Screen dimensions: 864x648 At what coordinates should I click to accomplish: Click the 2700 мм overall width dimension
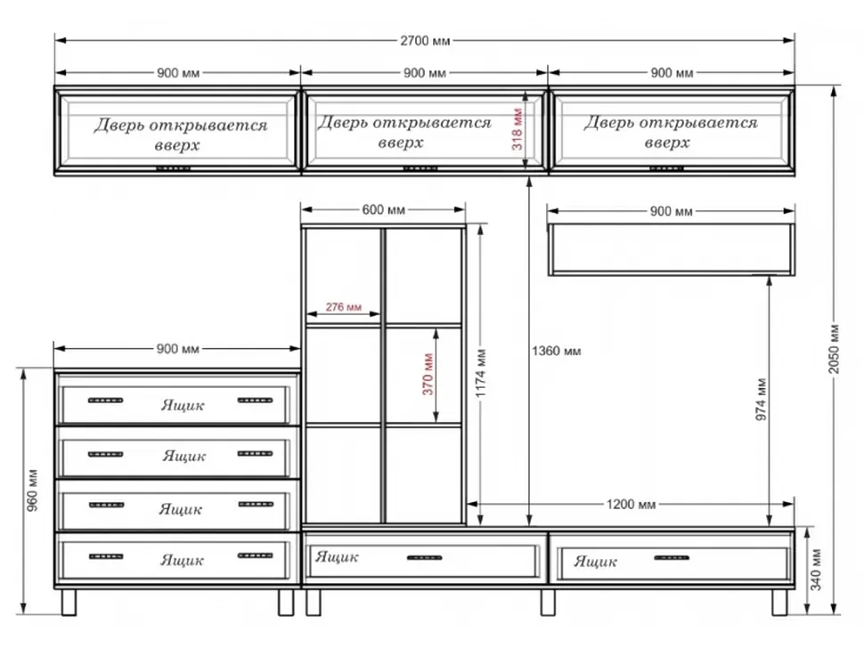click(x=425, y=41)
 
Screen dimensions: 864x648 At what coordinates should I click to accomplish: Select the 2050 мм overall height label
click(x=835, y=349)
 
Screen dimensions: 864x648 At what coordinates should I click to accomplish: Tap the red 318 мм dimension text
click(x=518, y=129)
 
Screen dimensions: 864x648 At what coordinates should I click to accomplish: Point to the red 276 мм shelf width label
click(x=343, y=307)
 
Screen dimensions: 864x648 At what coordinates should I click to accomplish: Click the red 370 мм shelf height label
click(x=428, y=374)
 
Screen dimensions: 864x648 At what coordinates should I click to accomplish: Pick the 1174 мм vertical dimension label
click(x=481, y=373)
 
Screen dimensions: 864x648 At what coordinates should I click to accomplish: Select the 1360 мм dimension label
click(x=556, y=351)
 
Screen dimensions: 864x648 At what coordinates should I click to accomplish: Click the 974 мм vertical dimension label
click(x=761, y=399)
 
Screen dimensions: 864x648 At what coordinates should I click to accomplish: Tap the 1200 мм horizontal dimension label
click(x=631, y=505)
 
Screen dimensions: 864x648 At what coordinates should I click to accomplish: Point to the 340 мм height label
click(x=816, y=570)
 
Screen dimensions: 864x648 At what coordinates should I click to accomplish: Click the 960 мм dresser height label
click(x=32, y=490)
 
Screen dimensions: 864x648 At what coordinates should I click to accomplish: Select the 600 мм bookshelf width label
click(x=384, y=210)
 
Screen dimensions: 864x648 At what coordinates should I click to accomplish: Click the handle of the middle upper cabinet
click(x=421, y=168)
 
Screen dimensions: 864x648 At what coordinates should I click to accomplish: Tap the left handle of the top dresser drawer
click(x=106, y=401)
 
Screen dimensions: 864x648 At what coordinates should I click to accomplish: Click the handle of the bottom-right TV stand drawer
click(x=672, y=558)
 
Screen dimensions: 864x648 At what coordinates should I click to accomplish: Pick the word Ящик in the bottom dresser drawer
click(x=183, y=560)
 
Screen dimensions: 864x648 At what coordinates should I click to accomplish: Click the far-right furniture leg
click(x=779, y=603)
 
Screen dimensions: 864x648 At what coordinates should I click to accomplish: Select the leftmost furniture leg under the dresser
click(x=69, y=603)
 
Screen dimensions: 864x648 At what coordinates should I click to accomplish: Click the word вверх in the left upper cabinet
click(x=177, y=146)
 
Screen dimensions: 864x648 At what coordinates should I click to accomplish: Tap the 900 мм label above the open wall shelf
click(x=671, y=212)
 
